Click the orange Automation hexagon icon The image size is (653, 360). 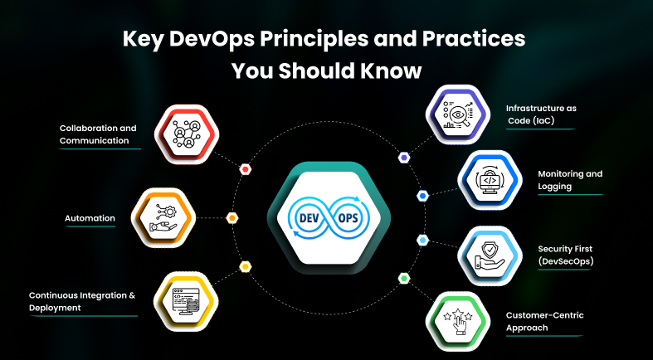click(x=163, y=218)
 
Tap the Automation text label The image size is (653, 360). click(x=90, y=219)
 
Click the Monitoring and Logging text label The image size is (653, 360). click(x=570, y=180)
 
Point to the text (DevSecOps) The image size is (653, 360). click(x=565, y=261)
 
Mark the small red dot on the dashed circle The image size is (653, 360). click(x=245, y=169)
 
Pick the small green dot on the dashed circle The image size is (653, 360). click(x=404, y=277)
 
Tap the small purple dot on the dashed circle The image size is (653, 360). click(x=404, y=157)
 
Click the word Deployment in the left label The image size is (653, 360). click(x=55, y=308)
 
